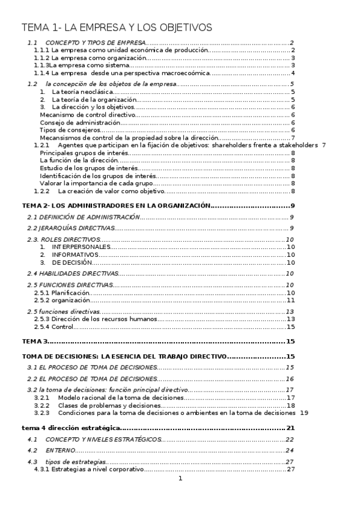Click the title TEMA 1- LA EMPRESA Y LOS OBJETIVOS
(x=117, y=28)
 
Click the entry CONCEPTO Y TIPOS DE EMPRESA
(x=96, y=43)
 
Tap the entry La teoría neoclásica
(x=83, y=91)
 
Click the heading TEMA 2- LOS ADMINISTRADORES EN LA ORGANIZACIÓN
(x=116, y=206)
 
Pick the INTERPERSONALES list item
(x=81, y=247)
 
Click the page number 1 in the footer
(x=180, y=479)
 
